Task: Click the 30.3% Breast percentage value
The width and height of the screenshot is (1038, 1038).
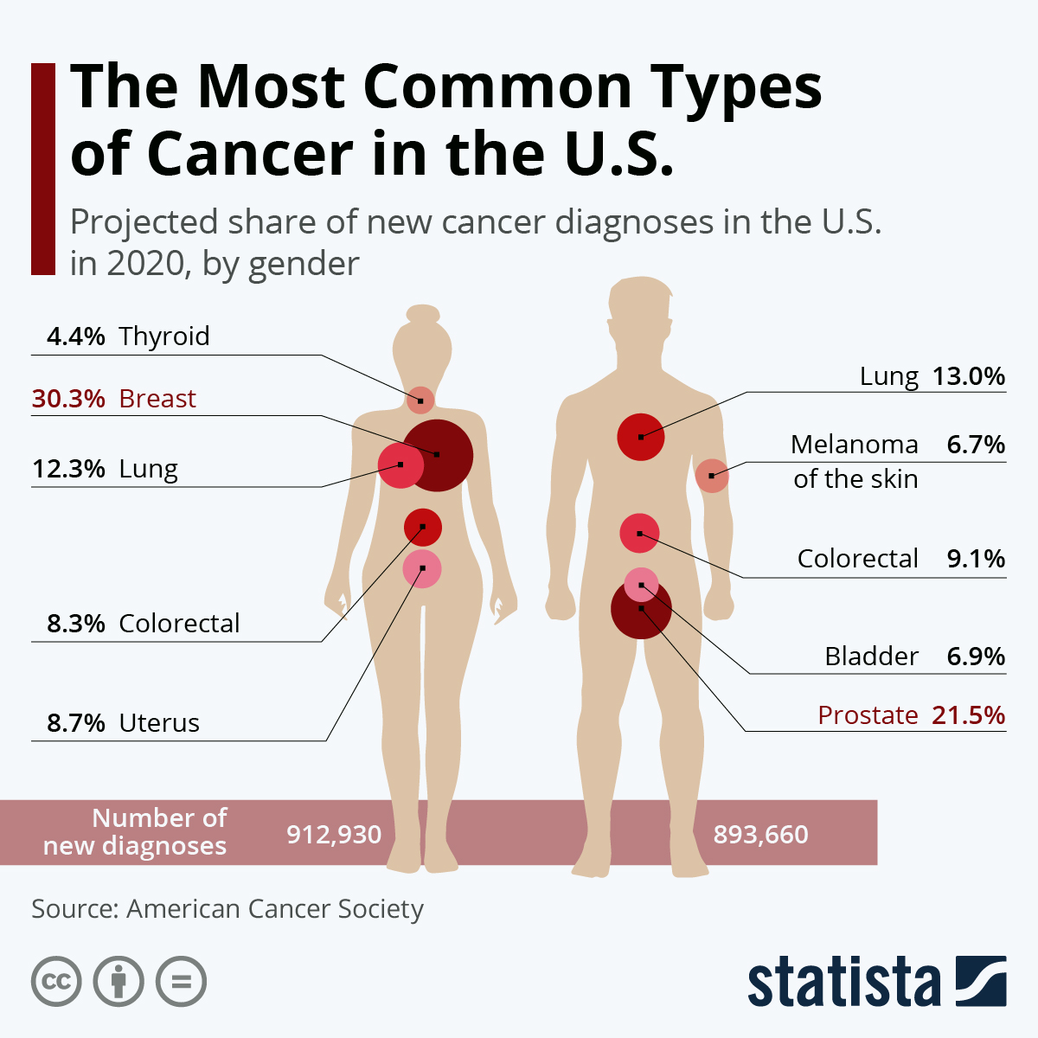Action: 68,399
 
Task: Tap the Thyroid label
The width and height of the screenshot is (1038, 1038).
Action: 164,336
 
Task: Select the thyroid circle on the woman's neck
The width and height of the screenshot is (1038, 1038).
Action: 420,400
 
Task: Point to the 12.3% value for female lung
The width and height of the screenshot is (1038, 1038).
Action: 68,469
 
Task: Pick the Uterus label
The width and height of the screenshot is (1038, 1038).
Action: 159,723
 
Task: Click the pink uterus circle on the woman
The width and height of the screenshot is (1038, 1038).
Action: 422,569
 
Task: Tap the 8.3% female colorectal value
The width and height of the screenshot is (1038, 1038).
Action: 76,624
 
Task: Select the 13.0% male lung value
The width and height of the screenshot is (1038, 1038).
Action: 969,376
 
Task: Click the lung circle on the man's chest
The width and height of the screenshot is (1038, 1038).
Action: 641,436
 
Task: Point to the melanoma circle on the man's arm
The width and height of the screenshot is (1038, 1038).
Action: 712,476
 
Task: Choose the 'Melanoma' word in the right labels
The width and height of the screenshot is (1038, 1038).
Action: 855,445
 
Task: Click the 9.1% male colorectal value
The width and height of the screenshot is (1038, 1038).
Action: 976,559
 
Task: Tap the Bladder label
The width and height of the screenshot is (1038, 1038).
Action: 871,657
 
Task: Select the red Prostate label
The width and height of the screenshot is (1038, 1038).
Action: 868,715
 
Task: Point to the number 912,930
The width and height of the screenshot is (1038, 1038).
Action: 334,835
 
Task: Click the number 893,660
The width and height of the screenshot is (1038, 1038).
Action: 760,835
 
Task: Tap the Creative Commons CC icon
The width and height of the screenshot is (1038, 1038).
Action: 56,982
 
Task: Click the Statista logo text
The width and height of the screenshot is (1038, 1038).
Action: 843,983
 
